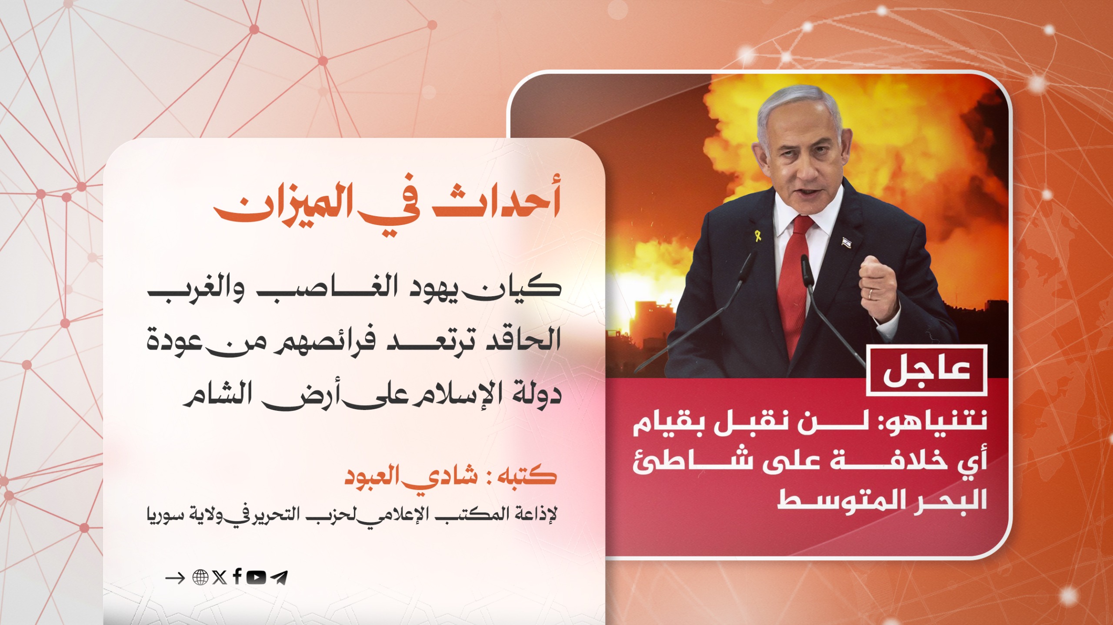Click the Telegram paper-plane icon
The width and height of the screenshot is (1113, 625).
click(279, 578)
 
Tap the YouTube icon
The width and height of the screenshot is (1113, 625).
click(256, 577)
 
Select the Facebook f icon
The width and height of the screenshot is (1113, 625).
click(237, 576)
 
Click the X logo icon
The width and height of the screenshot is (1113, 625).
click(220, 578)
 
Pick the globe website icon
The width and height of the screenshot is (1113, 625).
click(200, 578)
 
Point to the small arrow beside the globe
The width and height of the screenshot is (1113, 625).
click(175, 578)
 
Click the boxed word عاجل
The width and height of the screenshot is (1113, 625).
click(926, 370)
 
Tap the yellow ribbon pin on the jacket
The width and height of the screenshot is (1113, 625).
click(757, 236)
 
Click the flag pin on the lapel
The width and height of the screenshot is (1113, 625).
click(846, 242)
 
